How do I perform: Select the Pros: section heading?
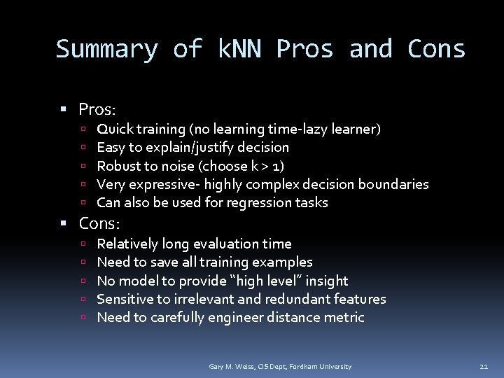click(x=97, y=110)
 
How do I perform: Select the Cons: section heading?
click(x=99, y=224)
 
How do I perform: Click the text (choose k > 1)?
click(x=241, y=166)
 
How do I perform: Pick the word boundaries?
click(x=393, y=185)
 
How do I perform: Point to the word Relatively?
click(x=127, y=244)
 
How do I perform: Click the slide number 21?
click(x=484, y=367)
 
